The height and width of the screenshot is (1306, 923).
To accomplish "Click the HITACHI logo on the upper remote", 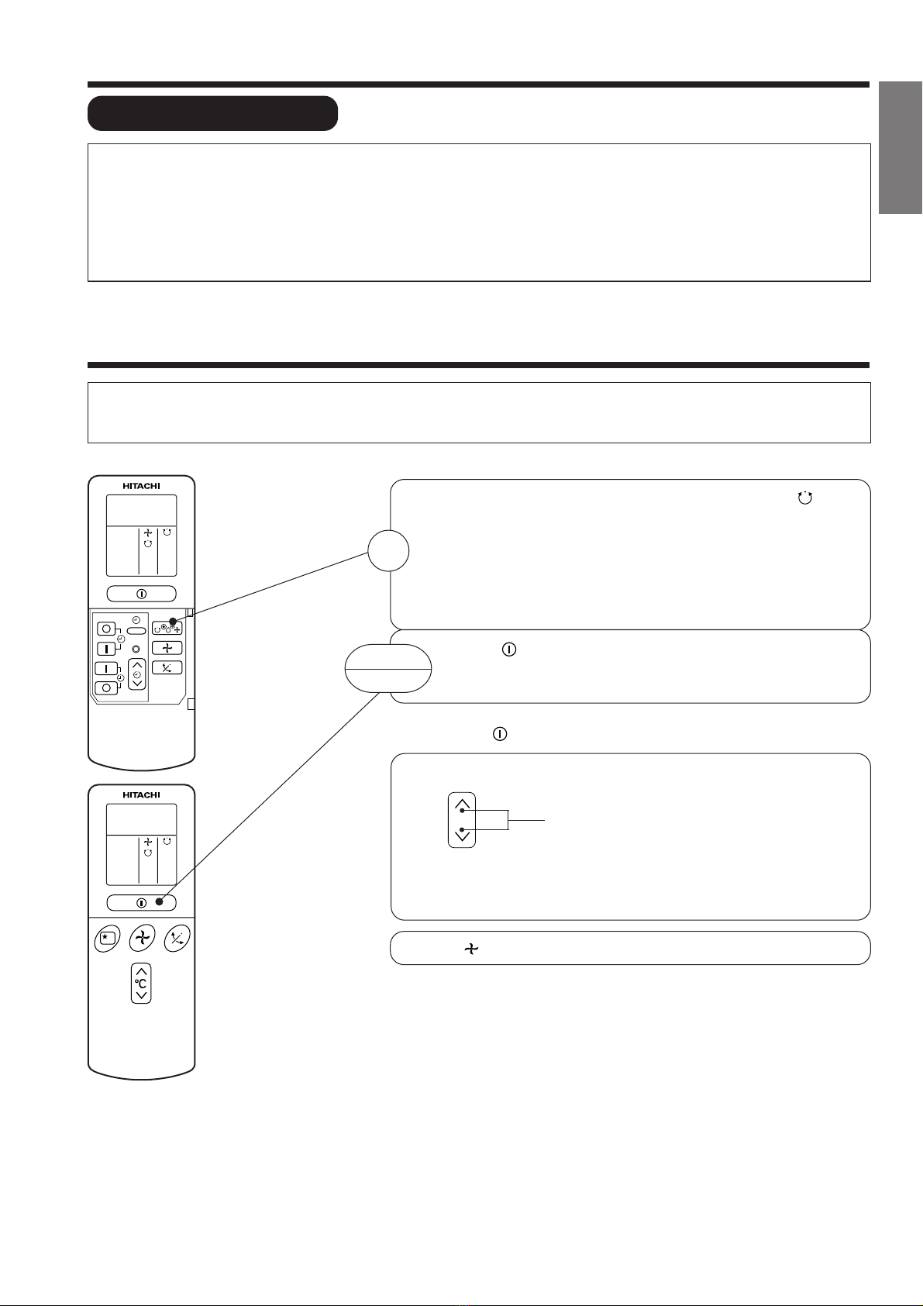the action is [x=141, y=486].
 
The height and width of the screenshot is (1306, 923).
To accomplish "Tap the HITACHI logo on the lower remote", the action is [x=141, y=794].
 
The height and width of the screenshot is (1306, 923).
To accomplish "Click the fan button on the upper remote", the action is [x=167, y=648].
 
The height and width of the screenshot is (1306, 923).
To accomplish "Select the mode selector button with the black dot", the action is [x=167, y=628].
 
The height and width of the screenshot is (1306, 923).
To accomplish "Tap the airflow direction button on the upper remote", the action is [x=167, y=667].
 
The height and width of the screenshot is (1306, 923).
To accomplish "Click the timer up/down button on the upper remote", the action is [x=137, y=674].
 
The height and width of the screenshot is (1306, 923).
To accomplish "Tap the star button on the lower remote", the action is [x=107, y=939].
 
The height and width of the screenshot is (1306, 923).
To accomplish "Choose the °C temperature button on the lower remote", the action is [x=141, y=983].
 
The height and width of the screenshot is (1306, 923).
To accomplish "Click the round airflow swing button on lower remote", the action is [x=177, y=939].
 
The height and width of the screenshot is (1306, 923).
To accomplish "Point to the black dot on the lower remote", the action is [x=159, y=902].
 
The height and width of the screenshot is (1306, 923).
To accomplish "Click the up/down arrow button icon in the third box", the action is [x=462, y=820].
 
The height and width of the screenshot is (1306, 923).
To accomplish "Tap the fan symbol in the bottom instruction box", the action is [x=471, y=949].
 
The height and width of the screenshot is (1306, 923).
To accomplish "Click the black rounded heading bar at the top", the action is [x=213, y=113].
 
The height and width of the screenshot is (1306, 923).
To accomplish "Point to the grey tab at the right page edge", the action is [x=901, y=148].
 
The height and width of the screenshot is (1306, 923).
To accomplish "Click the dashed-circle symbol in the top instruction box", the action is [x=805, y=498].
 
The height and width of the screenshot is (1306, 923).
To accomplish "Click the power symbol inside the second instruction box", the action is [x=509, y=649].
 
